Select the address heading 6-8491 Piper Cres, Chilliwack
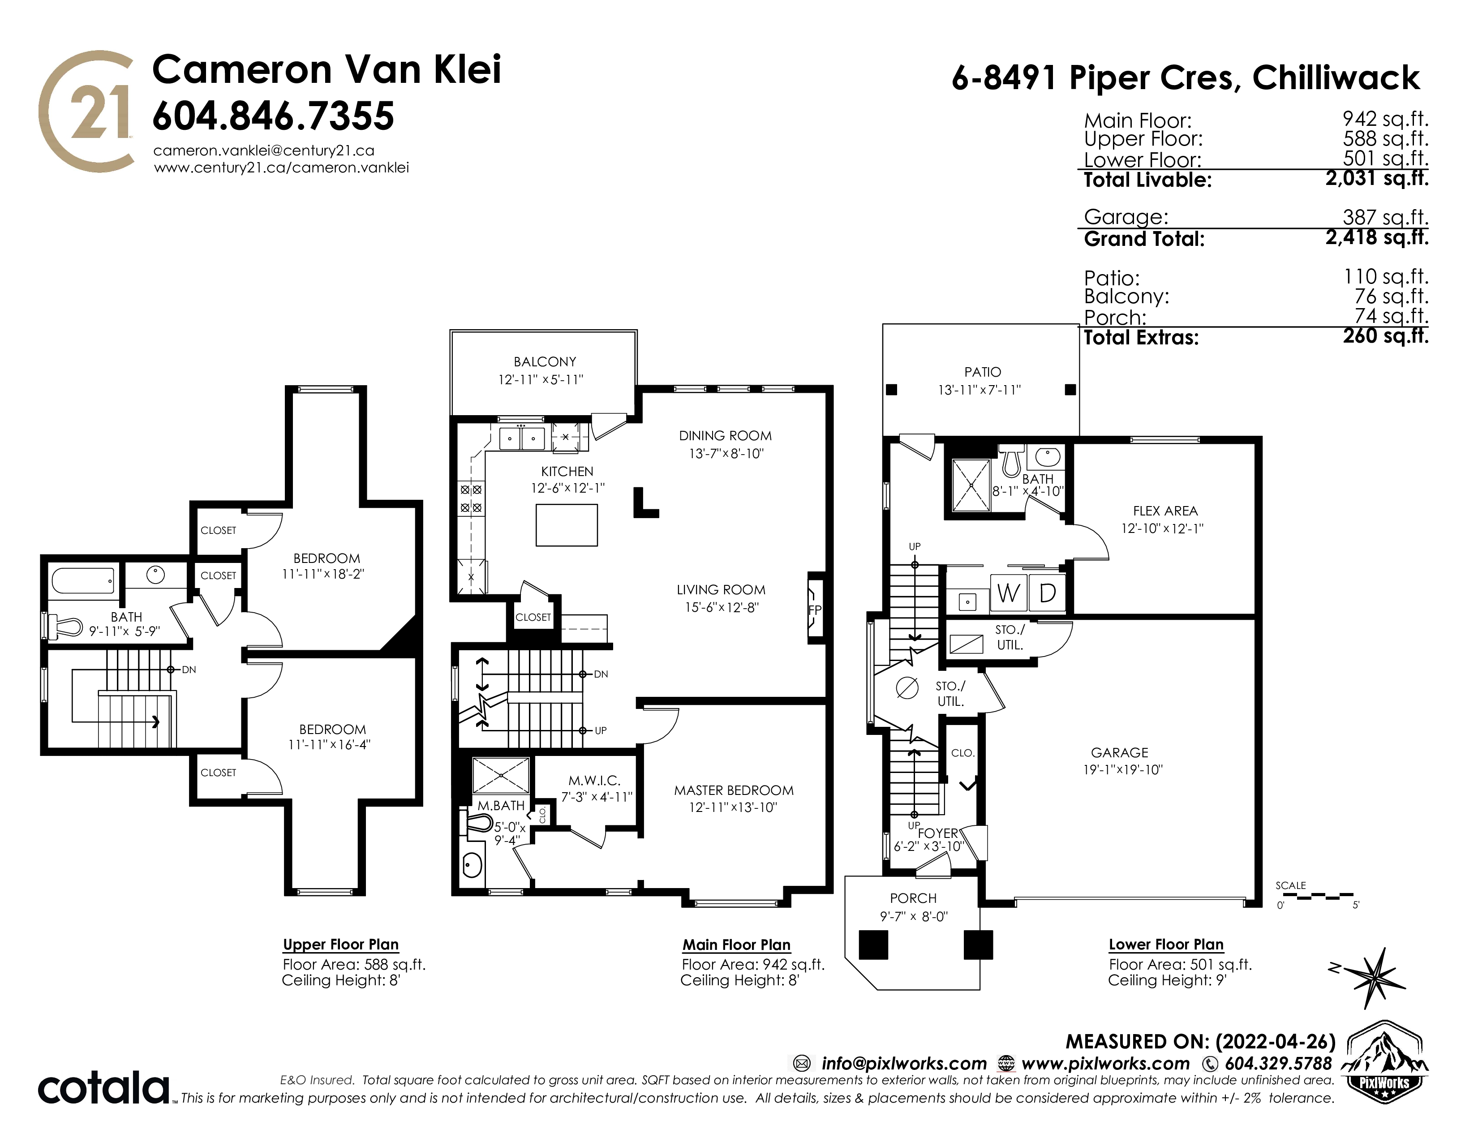[1186, 78]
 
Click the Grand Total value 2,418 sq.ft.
[1377, 237]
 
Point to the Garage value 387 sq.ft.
[1385, 217]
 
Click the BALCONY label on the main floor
[545, 362]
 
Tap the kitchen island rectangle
[567, 525]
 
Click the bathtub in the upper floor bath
[82, 580]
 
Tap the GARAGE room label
[1119, 752]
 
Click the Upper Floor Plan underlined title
[340, 945]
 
